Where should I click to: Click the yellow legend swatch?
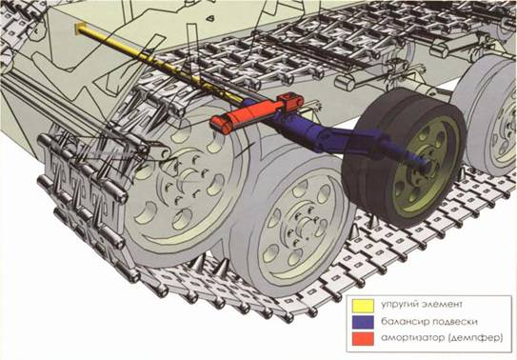[x=363, y=306]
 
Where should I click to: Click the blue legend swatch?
[x=363, y=322]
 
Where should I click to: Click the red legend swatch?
[x=363, y=339]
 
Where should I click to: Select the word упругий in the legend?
[x=399, y=305]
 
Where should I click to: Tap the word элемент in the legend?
[x=442, y=304]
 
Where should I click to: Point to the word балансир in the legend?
[x=405, y=321]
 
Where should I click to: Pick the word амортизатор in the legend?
[x=412, y=338]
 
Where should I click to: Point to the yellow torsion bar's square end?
[x=80, y=29]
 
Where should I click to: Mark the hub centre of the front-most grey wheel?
[x=304, y=228]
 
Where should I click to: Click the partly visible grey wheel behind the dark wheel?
[x=488, y=115]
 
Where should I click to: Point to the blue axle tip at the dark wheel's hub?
[x=426, y=164]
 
